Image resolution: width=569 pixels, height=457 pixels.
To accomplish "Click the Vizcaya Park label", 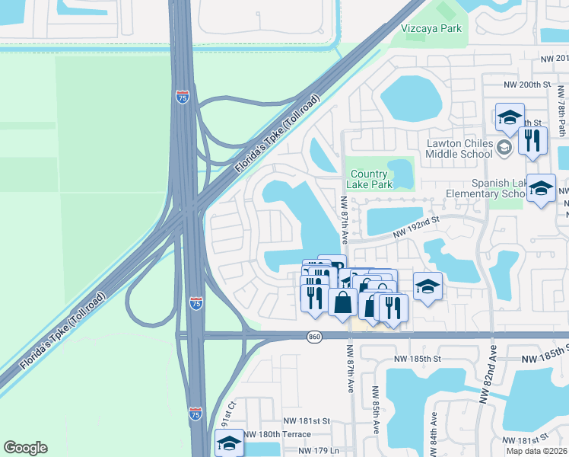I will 431,29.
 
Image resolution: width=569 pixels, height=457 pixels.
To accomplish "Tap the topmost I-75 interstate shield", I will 182,97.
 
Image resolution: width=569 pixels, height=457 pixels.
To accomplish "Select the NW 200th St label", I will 526,85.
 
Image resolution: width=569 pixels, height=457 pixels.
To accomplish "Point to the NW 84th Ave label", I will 434,428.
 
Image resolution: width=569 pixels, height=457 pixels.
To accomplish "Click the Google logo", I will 25,448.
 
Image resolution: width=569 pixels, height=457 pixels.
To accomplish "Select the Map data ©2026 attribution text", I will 537,451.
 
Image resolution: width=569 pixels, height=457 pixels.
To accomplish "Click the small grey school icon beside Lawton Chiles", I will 504,147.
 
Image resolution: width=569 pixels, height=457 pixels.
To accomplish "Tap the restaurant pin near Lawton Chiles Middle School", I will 532,139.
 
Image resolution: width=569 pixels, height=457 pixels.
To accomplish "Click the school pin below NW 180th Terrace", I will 229,443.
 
